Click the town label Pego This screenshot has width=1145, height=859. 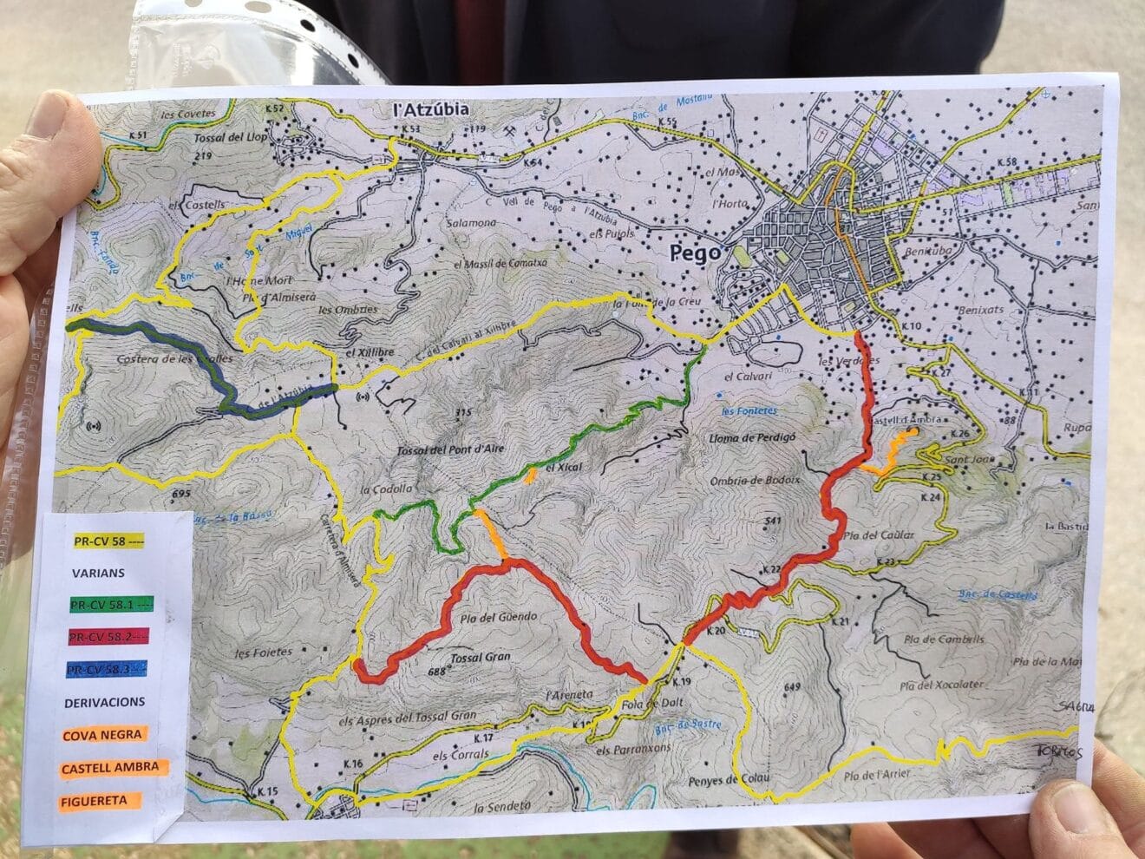(695, 252)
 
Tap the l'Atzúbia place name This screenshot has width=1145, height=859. (431, 110)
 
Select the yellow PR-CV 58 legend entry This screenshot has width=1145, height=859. (108, 541)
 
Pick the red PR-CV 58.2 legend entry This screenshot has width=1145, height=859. (110, 637)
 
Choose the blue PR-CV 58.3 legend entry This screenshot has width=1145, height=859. (110, 669)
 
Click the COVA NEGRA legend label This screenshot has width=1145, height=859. (101, 735)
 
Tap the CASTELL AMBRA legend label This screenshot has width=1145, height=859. (110, 767)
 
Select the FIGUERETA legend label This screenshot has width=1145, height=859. (94, 800)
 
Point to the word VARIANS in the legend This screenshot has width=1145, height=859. (98, 573)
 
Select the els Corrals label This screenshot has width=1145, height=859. (461, 754)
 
